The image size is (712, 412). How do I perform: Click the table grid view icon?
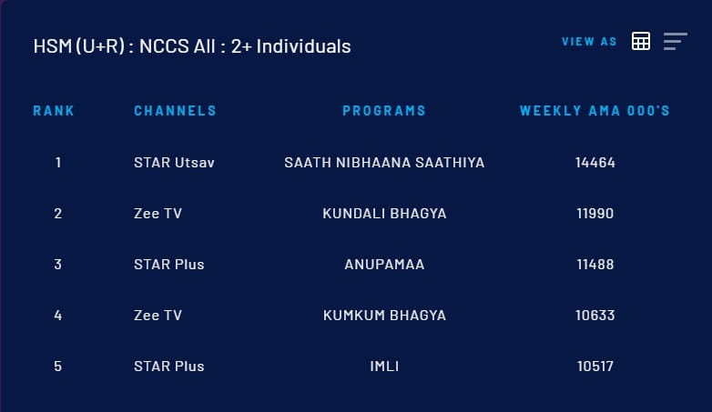click(x=641, y=41)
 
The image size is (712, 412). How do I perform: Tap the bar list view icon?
click(x=676, y=41)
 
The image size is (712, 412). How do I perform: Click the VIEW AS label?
click(x=589, y=42)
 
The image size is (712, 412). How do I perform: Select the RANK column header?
click(x=54, y=111)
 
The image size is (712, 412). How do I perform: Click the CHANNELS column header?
click(x=176, y=111)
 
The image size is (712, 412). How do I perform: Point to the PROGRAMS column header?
click(x=384, y=111)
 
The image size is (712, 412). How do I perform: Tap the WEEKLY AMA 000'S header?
click(x=595, y=111)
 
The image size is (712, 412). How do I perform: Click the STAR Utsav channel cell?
click(x=174, y=163)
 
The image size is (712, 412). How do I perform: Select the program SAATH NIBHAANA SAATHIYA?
click(x=384, y=163)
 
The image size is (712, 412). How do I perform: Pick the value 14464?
click(x=595, y=163)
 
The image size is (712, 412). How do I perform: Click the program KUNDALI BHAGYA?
click(x=384, y=213)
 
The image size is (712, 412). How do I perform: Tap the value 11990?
click(x=595, y=213)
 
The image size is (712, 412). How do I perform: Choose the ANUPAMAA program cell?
click(x=384, y=264)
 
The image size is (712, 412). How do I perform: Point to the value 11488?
click(x=595, y=264)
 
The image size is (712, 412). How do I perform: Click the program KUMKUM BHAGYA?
click(x=384, y=315)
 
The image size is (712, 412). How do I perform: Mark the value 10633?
click(x=595, y=315)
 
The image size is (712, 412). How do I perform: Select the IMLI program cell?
click(x=384, y=367)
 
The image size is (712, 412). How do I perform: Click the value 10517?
click(x=595, y=367)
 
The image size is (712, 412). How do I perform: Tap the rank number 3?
click(x=57, y=264)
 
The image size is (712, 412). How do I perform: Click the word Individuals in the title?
click(x=303, y=46)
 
